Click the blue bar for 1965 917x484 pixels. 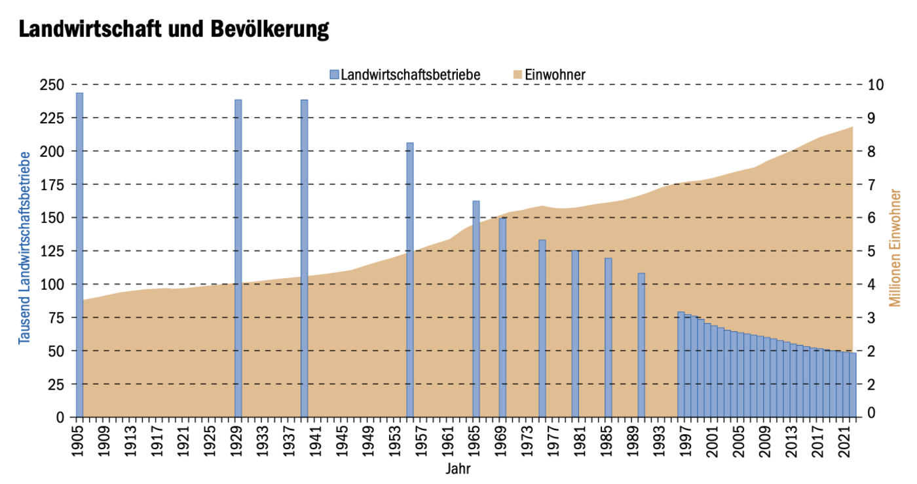tap(476, 308)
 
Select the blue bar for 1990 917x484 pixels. tap(641, 344)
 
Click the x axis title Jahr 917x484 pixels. tap(458, 469)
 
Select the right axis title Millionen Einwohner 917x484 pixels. tap(895, 247)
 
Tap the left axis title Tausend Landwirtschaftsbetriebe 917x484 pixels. tap(25, 247)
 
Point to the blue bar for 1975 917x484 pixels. tap(542, 328)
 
